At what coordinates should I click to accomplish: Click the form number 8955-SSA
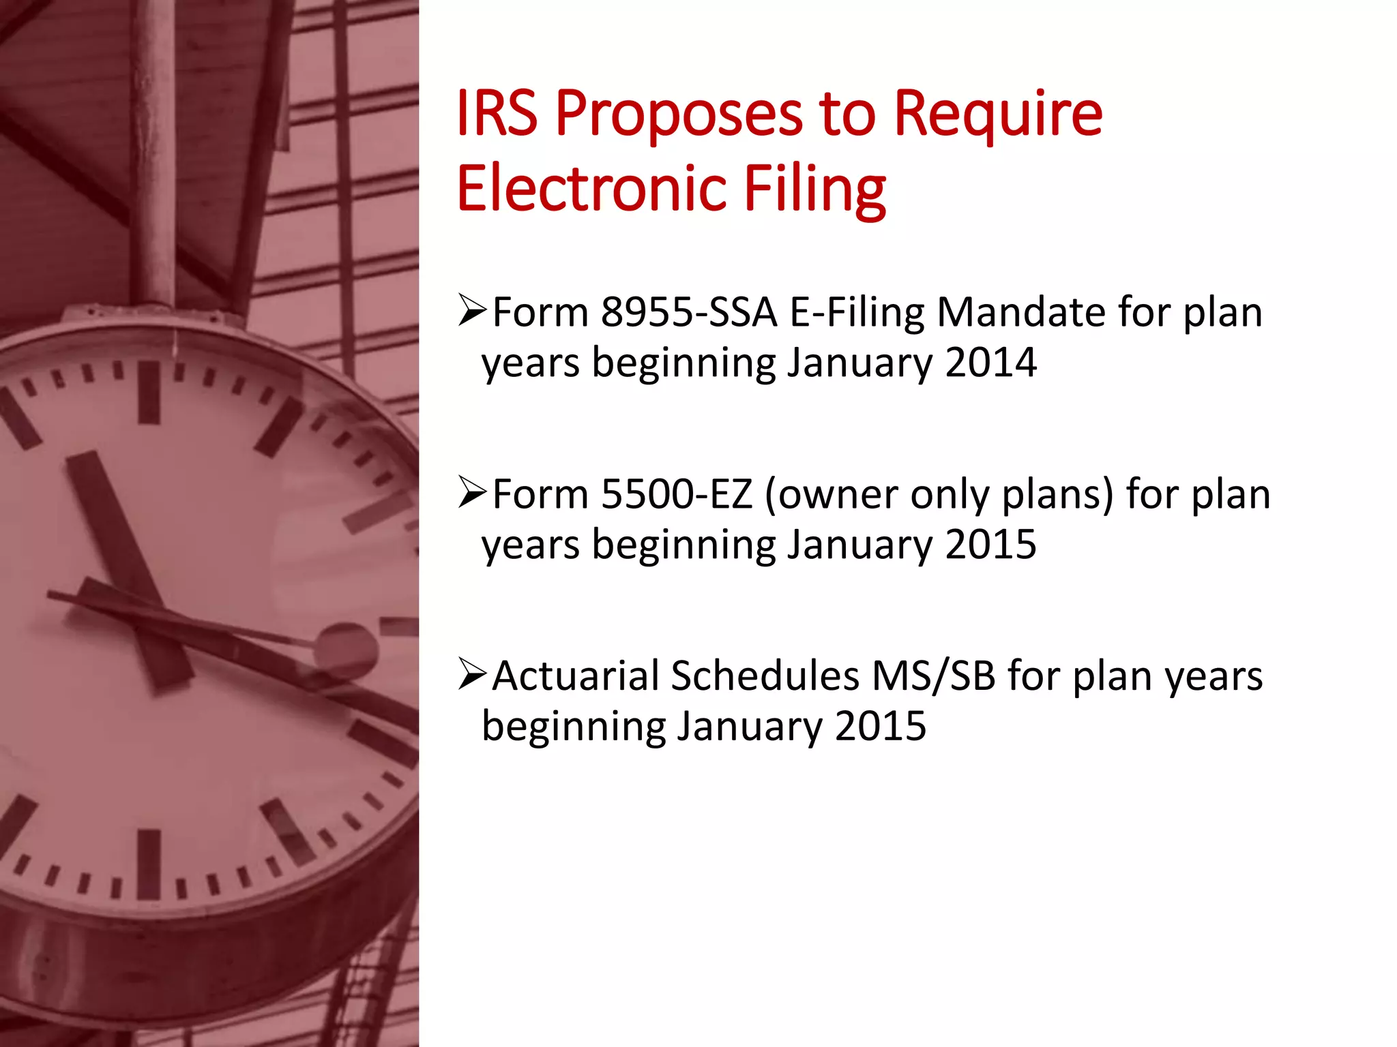(688, 313)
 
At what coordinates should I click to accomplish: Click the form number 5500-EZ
(676, 494)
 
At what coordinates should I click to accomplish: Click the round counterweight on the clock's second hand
(345, 648)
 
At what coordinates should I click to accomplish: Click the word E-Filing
(857, 313)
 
